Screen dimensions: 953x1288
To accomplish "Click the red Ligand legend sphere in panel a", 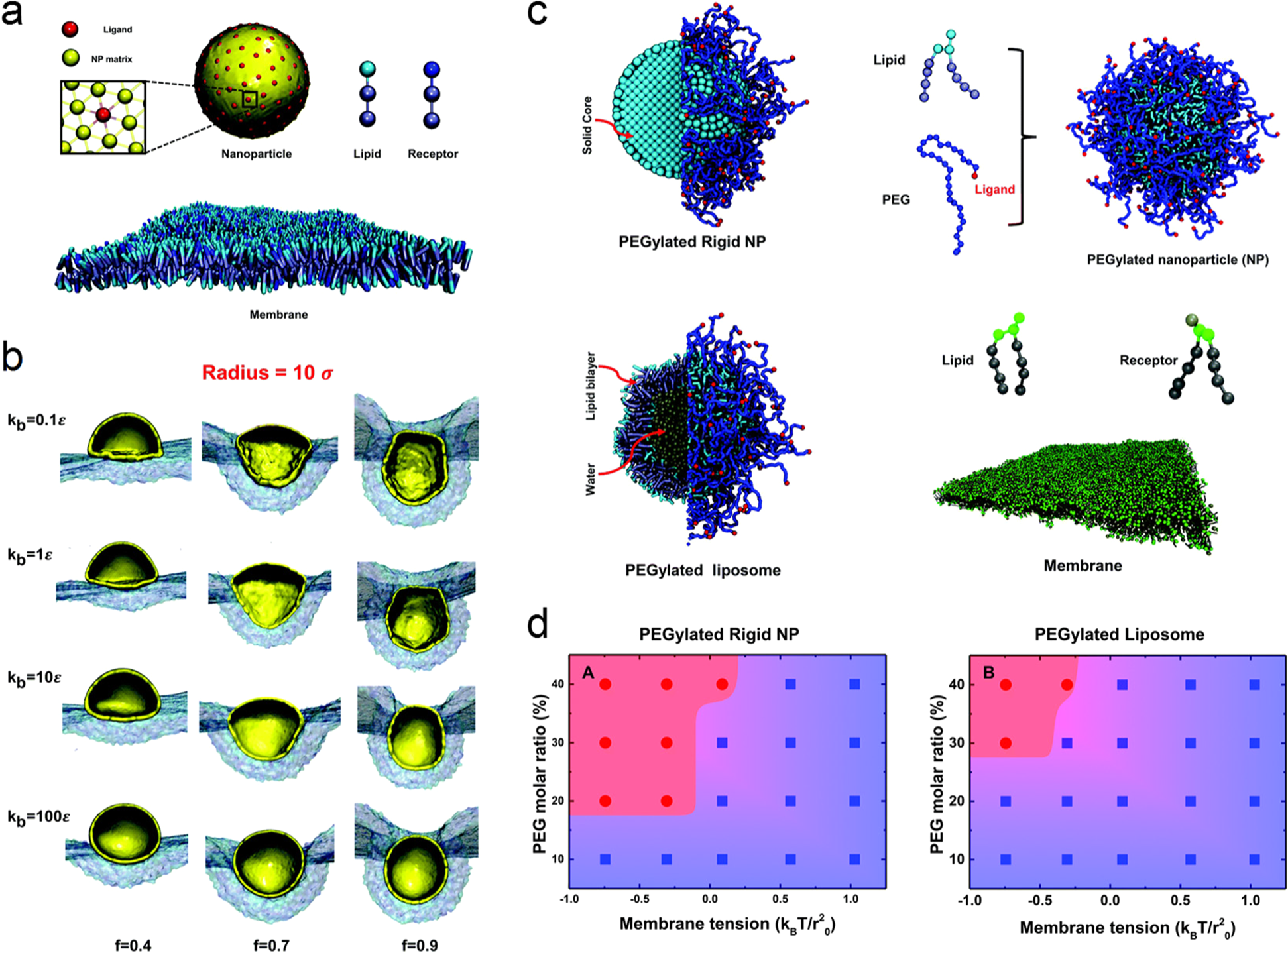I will (x=70, y=29).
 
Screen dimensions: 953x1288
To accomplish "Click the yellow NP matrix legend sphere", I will (x=70, y=58).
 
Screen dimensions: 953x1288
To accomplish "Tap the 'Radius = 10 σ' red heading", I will (x=267, y=373).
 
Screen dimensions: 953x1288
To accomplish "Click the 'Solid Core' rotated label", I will (x=587, y=125).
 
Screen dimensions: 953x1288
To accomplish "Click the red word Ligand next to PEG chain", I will (x=994, y=190).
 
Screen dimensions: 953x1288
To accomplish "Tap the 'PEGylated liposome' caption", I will (x=703, y=570).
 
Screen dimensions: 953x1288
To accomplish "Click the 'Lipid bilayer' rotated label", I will (x=591, y=386).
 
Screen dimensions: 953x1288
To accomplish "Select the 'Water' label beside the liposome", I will (x=591, y=479).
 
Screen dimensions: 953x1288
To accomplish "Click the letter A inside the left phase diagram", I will (x=587, y=673).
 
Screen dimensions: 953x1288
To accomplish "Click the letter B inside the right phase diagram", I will (x=988, y=673).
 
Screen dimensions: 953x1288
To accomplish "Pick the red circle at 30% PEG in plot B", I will (x=1006, y=743).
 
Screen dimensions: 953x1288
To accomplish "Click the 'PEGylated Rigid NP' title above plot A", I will (x=719, y=634).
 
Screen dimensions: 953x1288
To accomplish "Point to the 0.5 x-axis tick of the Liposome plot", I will (x=1180, y=901).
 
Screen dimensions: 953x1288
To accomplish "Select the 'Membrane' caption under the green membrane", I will (x=1083, y=566).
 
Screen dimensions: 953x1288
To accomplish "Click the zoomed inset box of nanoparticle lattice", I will (x=103, y=117).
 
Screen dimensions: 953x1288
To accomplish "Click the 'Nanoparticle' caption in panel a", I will (x=257, y=154).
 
